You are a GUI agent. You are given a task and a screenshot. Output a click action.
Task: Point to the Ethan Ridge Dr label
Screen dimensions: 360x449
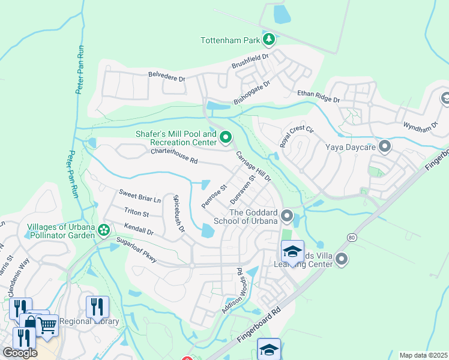click(x=319, y=96)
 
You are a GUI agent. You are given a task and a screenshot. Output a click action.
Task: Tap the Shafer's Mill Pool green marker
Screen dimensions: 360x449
click(x=226, y=138)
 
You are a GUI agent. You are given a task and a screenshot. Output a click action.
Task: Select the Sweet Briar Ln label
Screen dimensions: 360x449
click(x=139, y=196)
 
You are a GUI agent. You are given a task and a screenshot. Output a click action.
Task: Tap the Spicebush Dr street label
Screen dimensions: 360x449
click(x=178, y=213)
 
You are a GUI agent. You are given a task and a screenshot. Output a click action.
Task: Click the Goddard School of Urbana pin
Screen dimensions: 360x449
click(x=287, y=215)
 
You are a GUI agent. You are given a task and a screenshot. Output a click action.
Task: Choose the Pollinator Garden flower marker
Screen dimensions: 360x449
click(x=104, y=230)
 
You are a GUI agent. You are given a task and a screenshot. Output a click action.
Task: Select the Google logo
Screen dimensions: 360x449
click(x=20, y=353)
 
